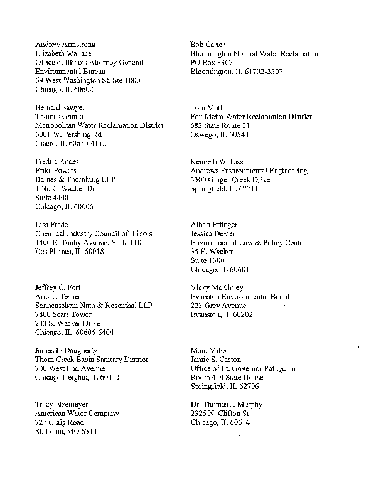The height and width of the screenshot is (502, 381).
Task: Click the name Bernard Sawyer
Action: coord(60,107)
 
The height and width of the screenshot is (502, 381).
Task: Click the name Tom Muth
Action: coord(207,108)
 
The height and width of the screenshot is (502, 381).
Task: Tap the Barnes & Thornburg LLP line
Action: coord(75,179)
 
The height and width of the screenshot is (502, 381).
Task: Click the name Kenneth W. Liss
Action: coord(217,161)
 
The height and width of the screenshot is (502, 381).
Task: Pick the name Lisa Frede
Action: coord(51,224)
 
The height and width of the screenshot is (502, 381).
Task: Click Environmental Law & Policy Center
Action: coord(248,242)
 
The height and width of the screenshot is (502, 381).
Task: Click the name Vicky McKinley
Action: coord(217,287)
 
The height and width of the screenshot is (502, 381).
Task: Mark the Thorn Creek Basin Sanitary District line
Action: coord(92,360)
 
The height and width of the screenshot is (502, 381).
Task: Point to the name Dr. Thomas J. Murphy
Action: coord(226,405)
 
